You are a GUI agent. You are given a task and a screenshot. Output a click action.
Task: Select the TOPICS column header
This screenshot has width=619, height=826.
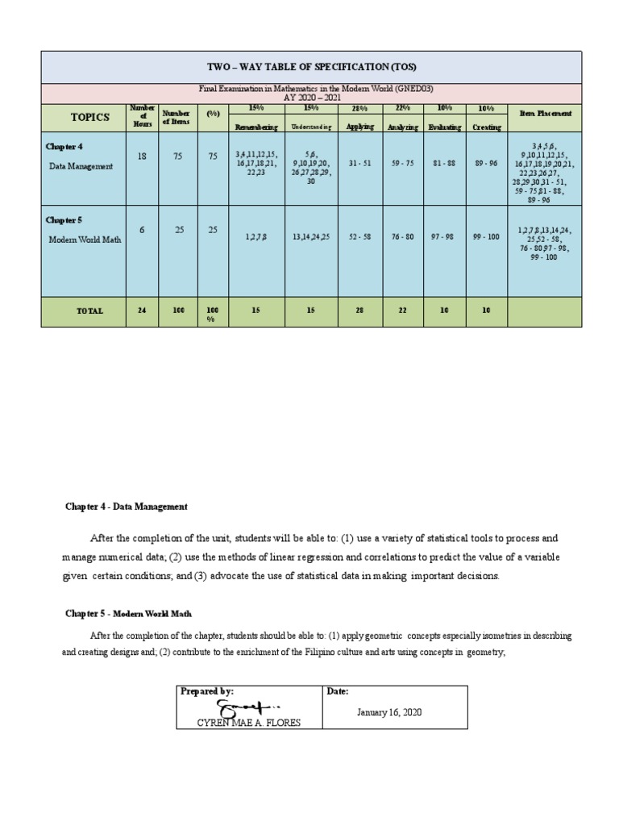point(89,117)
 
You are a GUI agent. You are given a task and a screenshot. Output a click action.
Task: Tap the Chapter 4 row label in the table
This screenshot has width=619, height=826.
point(64,146)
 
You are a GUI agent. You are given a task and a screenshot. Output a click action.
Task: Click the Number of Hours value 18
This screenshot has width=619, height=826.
point(143,156)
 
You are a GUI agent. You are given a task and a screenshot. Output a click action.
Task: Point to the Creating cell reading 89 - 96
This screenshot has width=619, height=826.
point(486,162)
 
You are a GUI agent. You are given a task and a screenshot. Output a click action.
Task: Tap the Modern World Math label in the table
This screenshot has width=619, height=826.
point(85,240)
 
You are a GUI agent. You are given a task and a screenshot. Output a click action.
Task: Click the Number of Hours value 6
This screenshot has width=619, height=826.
point(142,230)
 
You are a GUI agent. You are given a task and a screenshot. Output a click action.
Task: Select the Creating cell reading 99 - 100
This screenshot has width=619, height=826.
point(486,237)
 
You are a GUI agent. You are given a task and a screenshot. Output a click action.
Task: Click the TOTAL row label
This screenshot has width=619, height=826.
point(89,311)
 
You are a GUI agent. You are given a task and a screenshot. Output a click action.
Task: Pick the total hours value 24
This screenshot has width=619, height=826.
point(142,311)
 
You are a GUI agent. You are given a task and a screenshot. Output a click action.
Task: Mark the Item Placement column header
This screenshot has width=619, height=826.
point(546,114)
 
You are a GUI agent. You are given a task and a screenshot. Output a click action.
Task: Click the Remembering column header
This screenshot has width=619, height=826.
point(256,127)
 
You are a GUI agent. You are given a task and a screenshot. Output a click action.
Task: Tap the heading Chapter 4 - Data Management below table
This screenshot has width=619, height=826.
point(127,507)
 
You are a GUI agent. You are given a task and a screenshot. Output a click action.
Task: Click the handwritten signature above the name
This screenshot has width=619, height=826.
point(243,707)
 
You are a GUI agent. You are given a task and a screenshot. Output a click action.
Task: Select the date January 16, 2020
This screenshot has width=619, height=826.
point(389,712)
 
